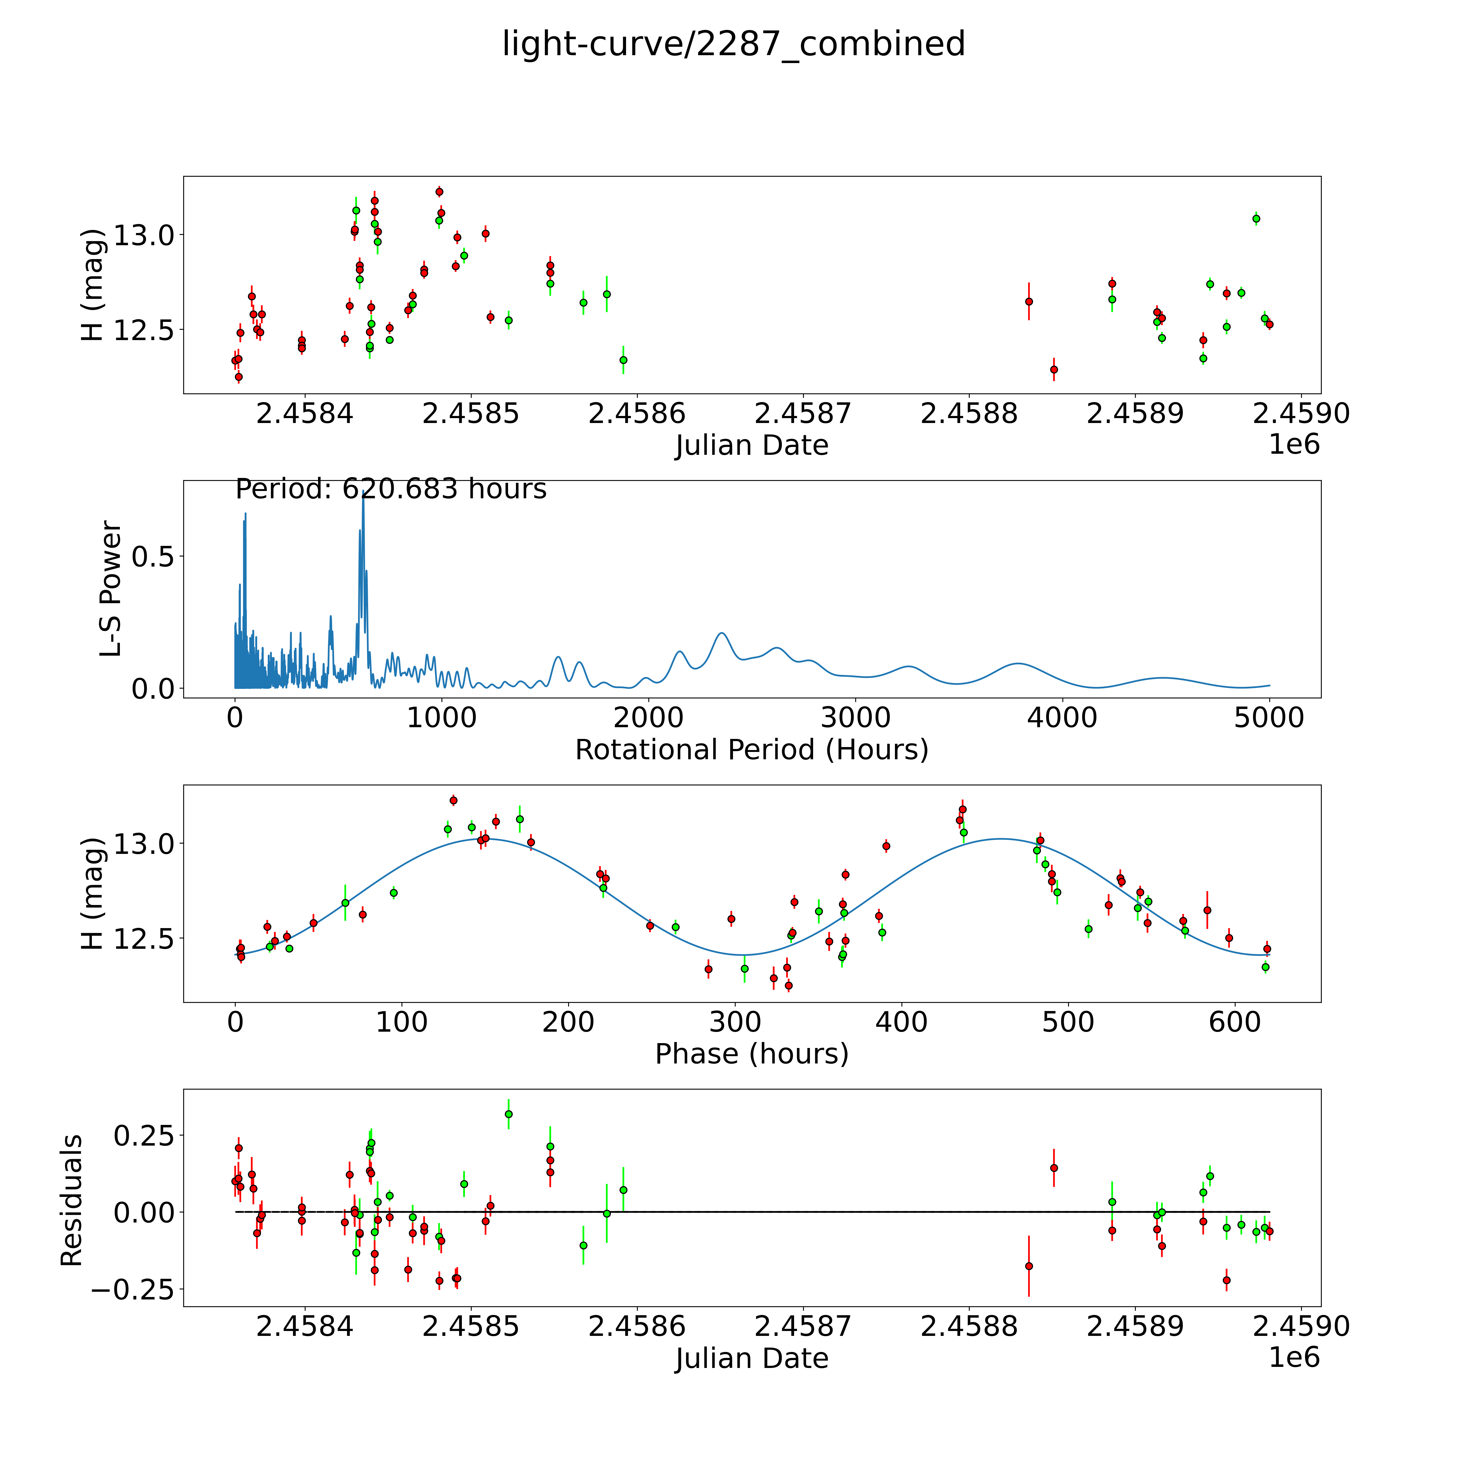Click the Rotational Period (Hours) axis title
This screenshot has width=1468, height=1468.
point(751,750)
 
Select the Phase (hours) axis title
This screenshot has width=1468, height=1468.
point(751,1054)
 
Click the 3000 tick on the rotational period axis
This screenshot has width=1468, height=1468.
point(856,717)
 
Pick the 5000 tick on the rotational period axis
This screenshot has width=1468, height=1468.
point(1269,717)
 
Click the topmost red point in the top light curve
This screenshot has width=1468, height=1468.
point(439,191)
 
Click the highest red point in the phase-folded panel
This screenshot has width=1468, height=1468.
point(454,800)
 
